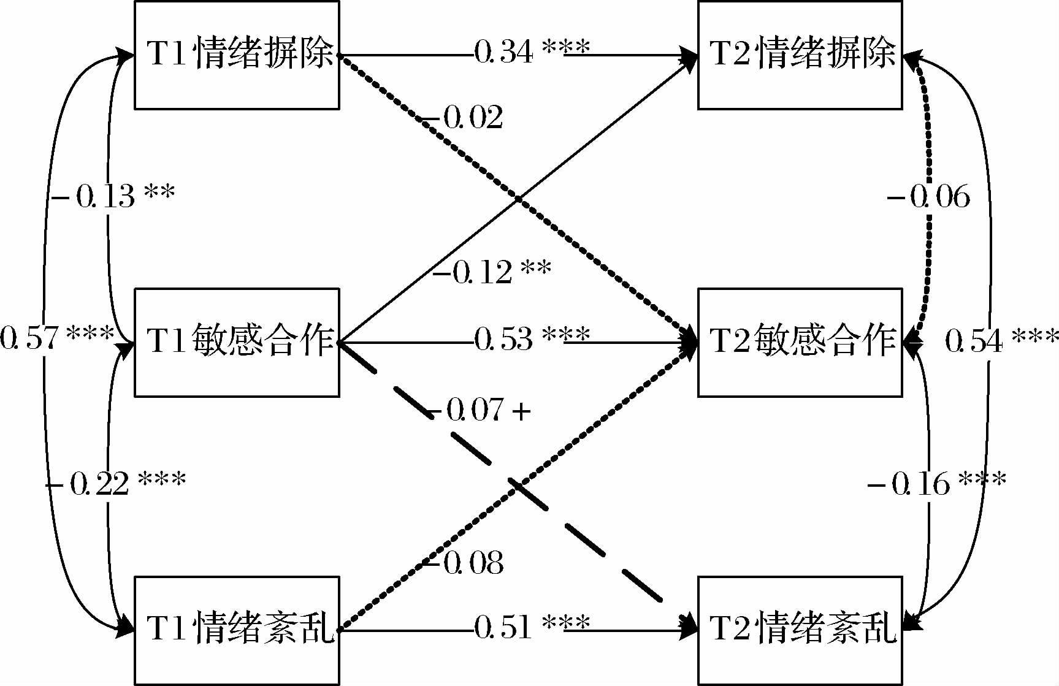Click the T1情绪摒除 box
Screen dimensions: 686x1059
click(x=237, y=55)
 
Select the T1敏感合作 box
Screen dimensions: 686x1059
click(x=237, y=342)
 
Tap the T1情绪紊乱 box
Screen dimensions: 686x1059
click(x=237, y=630)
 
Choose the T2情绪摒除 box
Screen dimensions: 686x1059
click(x=800, y=55)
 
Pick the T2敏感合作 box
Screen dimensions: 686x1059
click(x=800, y=342)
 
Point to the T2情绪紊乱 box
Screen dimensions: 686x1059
click(x=800, y=630)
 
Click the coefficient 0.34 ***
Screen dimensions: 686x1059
click(x=532, y=51)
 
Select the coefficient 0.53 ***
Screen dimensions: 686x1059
click(x=532, y=338)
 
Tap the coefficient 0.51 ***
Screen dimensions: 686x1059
click(x=532, y=627)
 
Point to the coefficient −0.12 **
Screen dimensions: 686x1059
click(x=492, y=271)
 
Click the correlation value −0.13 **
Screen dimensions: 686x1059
click(x=114, y=196)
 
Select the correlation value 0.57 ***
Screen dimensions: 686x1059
click(x=57, y=338)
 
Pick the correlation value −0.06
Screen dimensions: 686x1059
click(x=928, y=197)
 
